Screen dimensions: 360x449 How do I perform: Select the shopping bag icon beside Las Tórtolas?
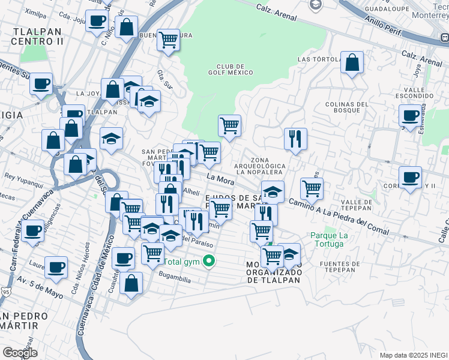(352, 62)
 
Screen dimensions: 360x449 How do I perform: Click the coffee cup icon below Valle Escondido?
(411, 115)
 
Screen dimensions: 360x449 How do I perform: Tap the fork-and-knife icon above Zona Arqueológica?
(295, 139)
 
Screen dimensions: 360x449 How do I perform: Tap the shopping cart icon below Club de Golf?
(229, 126)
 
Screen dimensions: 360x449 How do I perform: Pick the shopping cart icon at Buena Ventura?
(168, 40)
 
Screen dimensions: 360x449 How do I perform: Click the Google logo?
(20, 353)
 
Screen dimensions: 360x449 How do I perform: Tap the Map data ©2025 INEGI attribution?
(413, 355)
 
